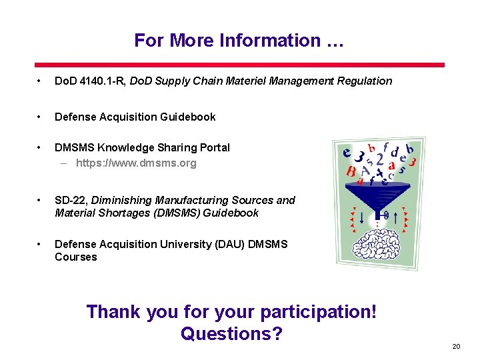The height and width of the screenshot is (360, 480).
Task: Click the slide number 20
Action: coord(456,347)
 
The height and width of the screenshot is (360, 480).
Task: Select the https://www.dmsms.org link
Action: coord(136,163)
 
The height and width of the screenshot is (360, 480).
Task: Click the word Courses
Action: coord(75,257)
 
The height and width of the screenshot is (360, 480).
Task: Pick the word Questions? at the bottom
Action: coord(231,333)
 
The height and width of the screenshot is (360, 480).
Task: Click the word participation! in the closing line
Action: coord(319,311)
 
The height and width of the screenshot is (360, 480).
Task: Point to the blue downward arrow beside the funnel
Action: coord(361,217)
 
